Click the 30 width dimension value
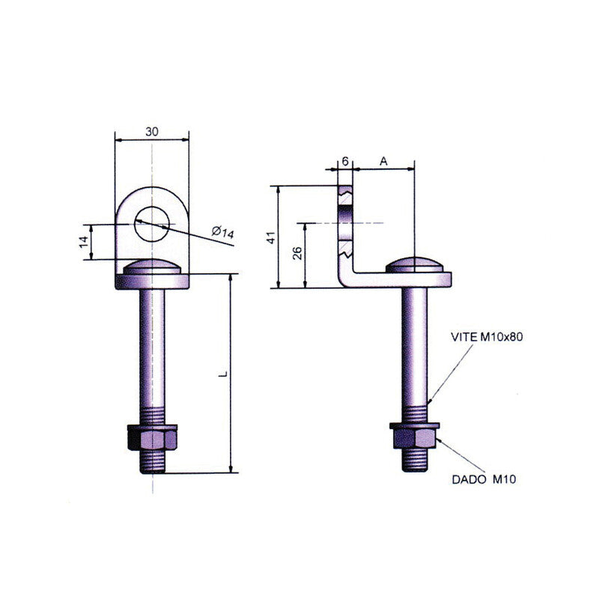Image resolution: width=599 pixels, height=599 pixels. pyautogui.click(x=152, y=132)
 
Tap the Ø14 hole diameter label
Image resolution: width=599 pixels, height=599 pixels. pyautogui.click(x=223, y=231)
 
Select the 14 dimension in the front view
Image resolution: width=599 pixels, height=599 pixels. pyautogui.click(x=84, y=242)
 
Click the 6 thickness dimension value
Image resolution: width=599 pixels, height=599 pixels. pyautogui.click(x=345, y=162)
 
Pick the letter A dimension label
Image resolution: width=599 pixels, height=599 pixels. pyautogui.click(x=383, y=162)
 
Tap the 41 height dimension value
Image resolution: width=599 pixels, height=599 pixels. pyautogui.click(x=271, y=237)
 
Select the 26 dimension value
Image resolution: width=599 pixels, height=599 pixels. pyautogui.click(x=297, y=253)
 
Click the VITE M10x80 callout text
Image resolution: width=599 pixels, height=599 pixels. pyautogui.click(x=487, y=336)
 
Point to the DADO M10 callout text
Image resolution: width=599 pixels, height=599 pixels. pyautogui.click(x=484, y=479)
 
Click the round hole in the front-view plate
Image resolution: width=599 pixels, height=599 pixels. pyautogui.click(x=152, y=224)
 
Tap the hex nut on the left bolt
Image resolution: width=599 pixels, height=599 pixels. pyautogui.click(x=152, y=437)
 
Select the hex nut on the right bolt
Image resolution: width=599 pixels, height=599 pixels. pyautogui.click(x=415, y=436)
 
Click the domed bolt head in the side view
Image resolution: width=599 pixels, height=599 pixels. pyautogui.click(x=415, y=264)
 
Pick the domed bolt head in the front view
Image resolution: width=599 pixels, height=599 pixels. pyautogui.click(x=152, y=267)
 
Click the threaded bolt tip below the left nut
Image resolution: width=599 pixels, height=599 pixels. pyautogui.click(x=153, y=462)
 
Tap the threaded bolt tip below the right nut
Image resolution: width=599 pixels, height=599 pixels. pyautogui.click(x=415, y=460)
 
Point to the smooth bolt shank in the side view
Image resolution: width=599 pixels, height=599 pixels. pyautogui.click(x=415, y=347)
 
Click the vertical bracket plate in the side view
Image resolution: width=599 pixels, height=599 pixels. pyautogui.click(x=345, y=233)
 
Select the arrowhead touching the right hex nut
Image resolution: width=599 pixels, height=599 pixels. pyautogui.click(x=440, y=441)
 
